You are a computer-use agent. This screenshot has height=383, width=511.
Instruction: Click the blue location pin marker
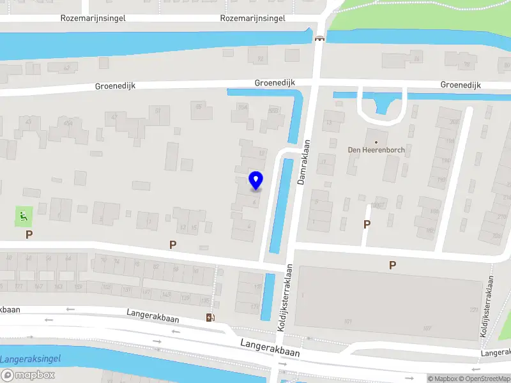[256, 181]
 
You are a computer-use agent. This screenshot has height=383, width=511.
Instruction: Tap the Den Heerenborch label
[376, 150]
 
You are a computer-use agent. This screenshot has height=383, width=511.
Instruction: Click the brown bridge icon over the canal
[319, 38]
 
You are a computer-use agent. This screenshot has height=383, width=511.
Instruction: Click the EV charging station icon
[210, 318]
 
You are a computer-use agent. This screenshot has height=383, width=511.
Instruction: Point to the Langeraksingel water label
[30, 359]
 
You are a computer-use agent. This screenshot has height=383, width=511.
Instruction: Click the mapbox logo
[27, 375]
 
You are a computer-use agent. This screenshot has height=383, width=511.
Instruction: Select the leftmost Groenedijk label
[115, 86]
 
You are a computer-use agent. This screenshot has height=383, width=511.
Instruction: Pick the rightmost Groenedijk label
[461, 85]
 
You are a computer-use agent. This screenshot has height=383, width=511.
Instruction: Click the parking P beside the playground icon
[29, 234]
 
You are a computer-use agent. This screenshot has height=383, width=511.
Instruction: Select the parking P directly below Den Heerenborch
[367, 224]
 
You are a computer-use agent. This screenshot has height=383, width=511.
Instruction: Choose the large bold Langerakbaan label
[270, 347]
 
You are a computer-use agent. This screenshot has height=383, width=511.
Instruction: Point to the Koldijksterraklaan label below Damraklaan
[282, 297]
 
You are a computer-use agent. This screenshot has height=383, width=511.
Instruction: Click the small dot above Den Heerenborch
[376, 142]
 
